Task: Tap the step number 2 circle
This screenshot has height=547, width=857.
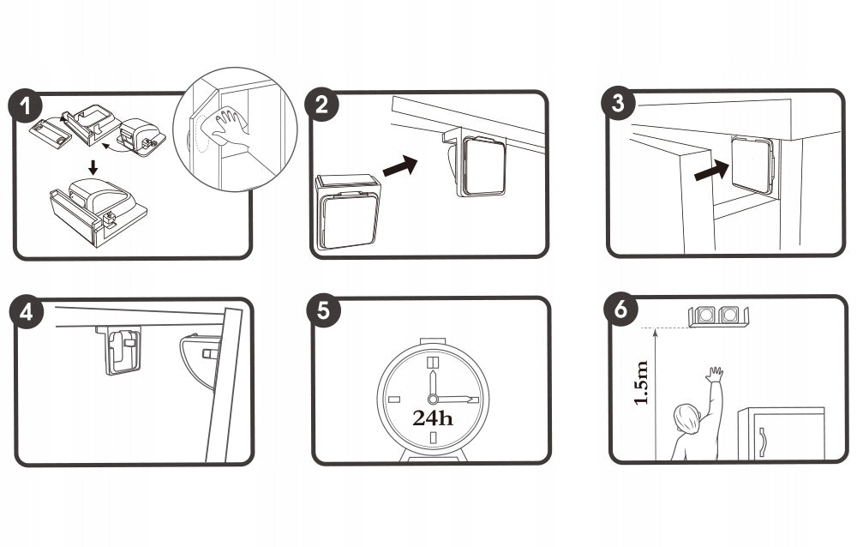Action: (x=322, y=104)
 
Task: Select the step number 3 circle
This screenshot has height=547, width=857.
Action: (x=618, y=103)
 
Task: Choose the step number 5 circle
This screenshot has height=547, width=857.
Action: (x=323, y=310)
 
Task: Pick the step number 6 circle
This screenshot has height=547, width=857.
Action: (x=620, y=309)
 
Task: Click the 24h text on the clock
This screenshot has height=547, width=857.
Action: (x=433, y=418)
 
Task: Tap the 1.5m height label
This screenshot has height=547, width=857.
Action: (x=642, y=383)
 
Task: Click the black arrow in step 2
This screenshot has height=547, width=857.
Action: (x=400, y=165)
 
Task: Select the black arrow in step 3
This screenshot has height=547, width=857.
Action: (x=711, y=171)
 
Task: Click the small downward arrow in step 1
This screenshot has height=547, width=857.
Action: (x=93, y=167)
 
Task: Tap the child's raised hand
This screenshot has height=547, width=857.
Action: (x=714, y=375)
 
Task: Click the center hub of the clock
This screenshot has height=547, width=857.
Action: (x=433, y=399)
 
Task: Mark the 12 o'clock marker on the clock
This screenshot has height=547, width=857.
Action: (x=433, y=363)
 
